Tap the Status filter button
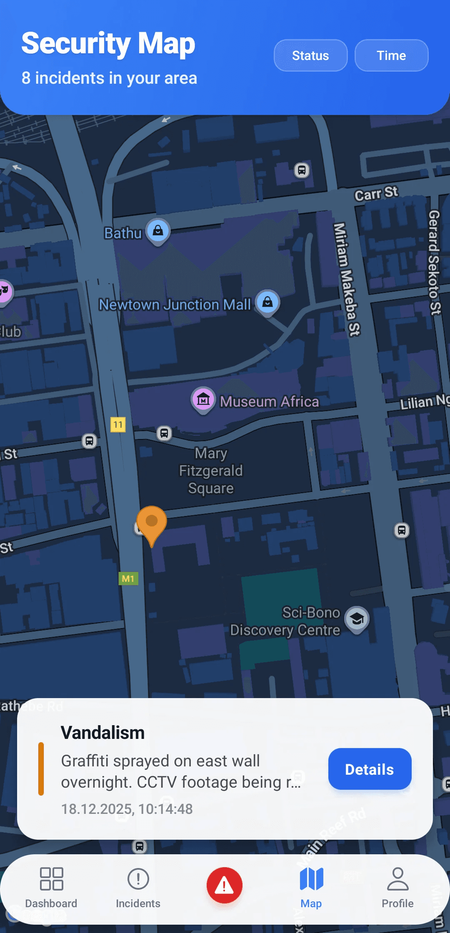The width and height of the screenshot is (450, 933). pyautogui.click(x=310, y=55)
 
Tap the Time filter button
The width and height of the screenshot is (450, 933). pyautogui.click(x=391, y=55)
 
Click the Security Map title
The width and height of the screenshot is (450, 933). pyautogui.click(x=108, y=43)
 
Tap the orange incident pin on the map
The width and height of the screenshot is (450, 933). pyautogui.click(x=152, y=522)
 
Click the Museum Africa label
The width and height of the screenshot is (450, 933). pyautogui.click(x=269, y=402)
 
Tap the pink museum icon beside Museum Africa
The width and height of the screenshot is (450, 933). pyautogui.click(x=203, y=399)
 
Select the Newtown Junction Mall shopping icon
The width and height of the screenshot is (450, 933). pyautogui.click(x=267, y=302)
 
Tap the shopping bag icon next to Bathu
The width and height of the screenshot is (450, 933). pyautogui.click(x=158, y=230)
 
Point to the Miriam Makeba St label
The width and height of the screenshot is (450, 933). pyautogui.click(x=347, y=279)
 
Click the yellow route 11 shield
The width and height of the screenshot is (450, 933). pyautogui.click(x=118, y=424)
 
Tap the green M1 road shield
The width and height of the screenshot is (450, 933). pyautogui.click(x=128, y=579)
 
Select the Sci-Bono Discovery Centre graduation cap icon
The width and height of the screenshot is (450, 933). pyautogui.click(x=357, y=619)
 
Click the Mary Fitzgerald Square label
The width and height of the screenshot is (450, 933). pyautogui.click(x=211, y=471)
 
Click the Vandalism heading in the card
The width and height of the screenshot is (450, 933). pyautogui.click(x=102, y=733)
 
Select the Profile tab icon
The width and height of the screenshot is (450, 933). pyautogui.click(x=397, y=880)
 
